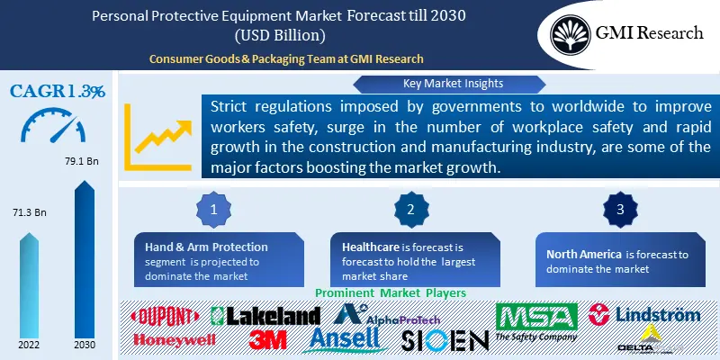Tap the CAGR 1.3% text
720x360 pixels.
(x=58, y=92)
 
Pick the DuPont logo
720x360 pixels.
(x=167, y=316)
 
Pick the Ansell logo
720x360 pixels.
(x=349, y=339)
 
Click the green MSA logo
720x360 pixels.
(x=536, y=317)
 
